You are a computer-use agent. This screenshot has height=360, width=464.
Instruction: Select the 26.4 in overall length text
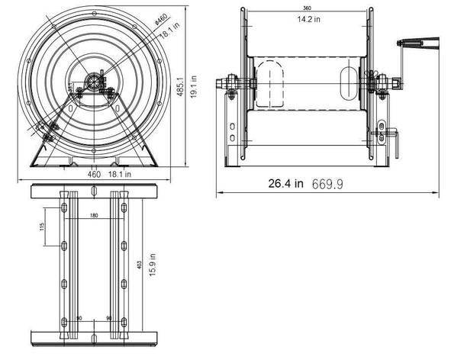click(286, 183)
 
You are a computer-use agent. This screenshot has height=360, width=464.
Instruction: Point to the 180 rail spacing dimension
click(93, 216)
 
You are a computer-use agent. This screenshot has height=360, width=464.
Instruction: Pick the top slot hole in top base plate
click(93, 191)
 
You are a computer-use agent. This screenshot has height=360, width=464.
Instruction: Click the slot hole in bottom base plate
click(93, 337)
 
